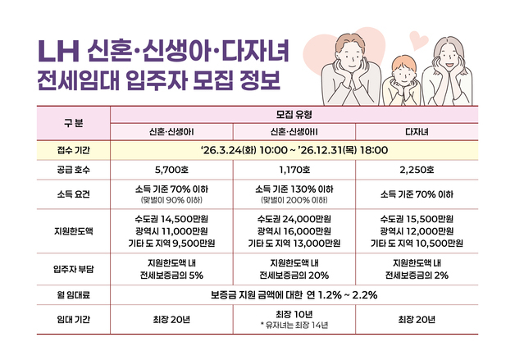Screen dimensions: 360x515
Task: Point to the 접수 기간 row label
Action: pyautogui.click(x=73, y=151)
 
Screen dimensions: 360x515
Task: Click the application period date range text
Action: pyautogui.click(x=294, y=151)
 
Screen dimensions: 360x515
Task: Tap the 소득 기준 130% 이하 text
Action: pyautogui.click(x=294, y=189)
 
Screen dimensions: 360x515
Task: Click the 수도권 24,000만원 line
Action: pyautogui.click(x=294, y=219)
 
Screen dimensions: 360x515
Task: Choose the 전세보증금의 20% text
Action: pyautogui.click(x=294, y=275)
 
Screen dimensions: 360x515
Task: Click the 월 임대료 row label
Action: pyautogui.click(x=73, y=295)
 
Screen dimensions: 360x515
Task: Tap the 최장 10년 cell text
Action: pyautogui.click(x=294, y=314)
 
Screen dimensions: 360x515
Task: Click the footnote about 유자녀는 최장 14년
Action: pyautogui.click(x=294, y=326)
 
